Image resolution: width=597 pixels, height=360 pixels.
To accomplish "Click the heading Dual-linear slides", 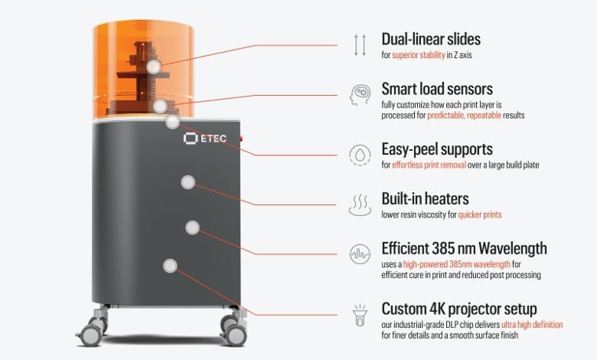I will (430, 39).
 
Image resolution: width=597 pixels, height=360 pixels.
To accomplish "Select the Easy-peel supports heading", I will (437, 149).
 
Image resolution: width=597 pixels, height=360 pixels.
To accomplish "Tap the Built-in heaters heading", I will (426, 199).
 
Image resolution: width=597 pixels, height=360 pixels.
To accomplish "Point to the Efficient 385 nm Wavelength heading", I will (463, 248).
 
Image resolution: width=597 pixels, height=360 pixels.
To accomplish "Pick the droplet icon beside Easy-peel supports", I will (360, 153).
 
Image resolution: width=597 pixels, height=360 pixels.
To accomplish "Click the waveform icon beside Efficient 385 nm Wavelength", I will (360, 255).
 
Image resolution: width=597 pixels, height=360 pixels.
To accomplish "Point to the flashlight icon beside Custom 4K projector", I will (360, 314).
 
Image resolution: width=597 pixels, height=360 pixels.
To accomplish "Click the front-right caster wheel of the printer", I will (229, 329).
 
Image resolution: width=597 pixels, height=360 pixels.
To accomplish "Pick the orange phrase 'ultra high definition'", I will (531, 324).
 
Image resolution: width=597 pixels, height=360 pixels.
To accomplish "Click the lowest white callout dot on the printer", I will (169, 266).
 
